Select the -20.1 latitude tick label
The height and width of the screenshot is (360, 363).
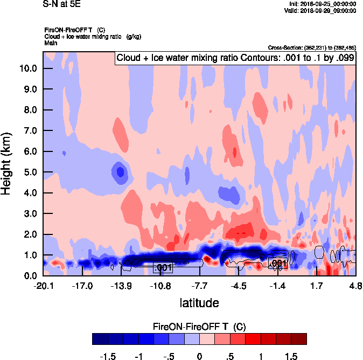click(43, 285)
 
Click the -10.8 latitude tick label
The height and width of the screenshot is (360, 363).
click(160, 285)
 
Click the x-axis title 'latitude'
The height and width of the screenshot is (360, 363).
click(199, 303)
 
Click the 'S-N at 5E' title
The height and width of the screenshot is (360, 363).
click(60, 4)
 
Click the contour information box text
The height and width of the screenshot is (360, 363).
click(235, 58)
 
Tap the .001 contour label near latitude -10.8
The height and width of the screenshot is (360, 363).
click(163, 268)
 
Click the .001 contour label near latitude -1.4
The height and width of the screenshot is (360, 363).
click(277, 263)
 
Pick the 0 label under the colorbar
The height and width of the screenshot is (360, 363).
click(199, 356)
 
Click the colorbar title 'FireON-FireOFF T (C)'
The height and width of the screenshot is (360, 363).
click(199, 327)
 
